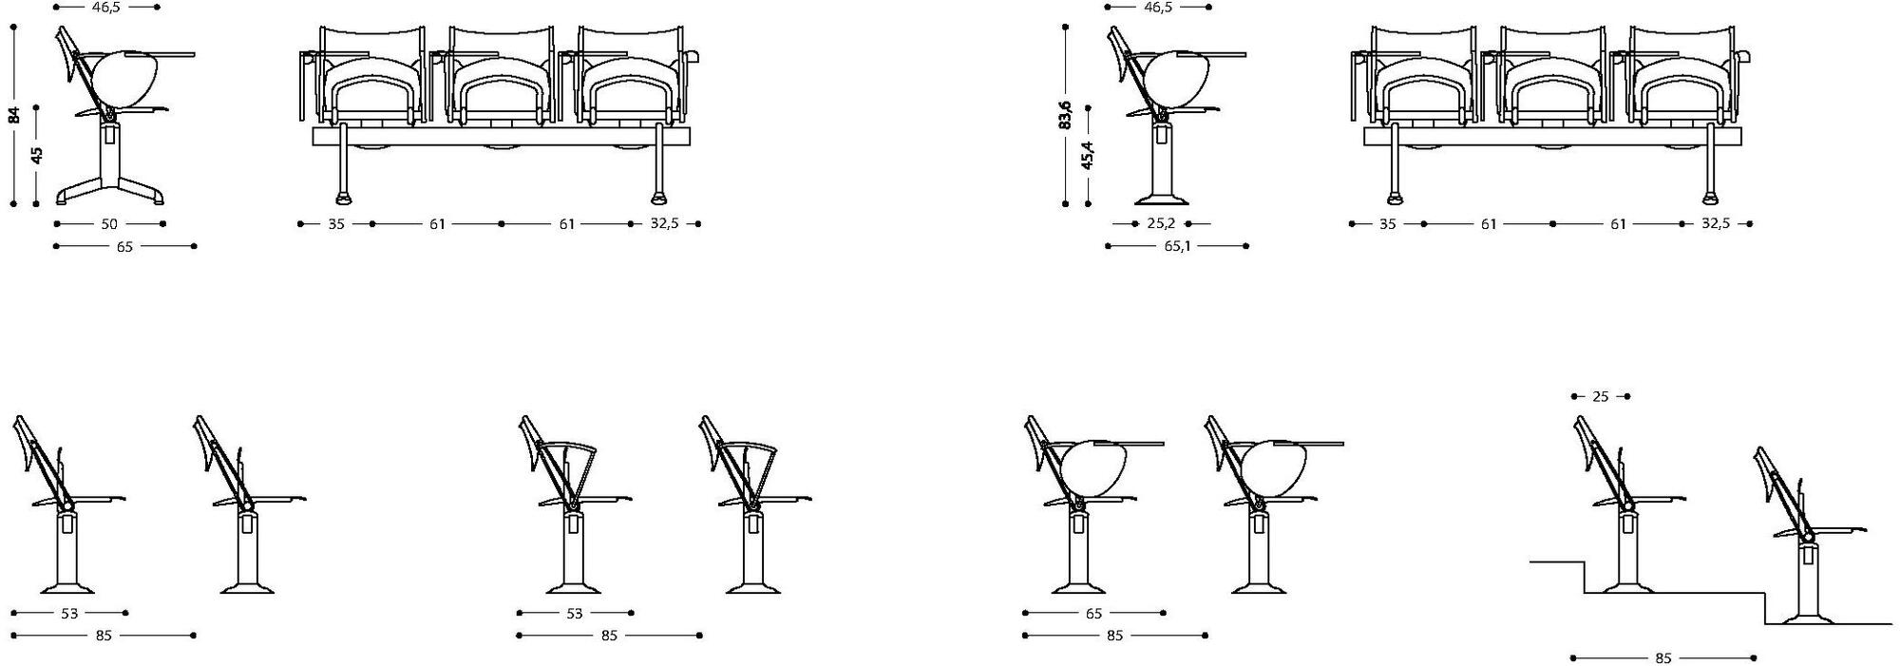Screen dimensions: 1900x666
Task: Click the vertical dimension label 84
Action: click(14, 115)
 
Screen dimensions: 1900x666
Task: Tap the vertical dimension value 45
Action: click(37, 155)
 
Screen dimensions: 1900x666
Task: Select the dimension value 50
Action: click(109, 224)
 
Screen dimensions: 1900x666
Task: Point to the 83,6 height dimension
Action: click(1066, 114)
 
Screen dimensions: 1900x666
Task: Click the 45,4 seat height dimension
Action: click(1088, 155)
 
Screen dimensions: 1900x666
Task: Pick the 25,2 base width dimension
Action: click(1161, 224)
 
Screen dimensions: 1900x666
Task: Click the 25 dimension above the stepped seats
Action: click(1600, 396)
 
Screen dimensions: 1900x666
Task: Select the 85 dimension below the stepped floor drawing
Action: click(1662, 657)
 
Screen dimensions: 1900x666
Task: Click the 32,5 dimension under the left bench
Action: click(664, 224)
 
